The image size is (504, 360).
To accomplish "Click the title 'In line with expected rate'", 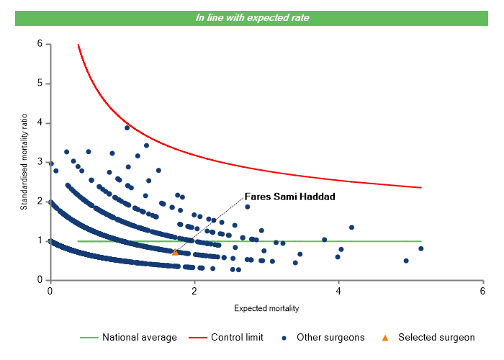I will point(252,18).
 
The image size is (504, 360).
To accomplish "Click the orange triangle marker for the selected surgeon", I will point(175,252).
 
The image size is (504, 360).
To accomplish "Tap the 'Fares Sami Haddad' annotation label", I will point(291,196).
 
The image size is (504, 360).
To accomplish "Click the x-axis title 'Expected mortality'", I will point(266,309).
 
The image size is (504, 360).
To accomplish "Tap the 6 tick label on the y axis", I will point(40,44).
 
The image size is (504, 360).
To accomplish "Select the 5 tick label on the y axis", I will point(40,84).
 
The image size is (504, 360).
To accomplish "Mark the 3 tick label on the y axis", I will point(40,162).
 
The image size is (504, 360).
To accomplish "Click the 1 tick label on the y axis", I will point(40,240).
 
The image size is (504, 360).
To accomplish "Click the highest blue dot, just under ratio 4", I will point(127,127).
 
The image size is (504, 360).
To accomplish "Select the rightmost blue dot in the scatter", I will point(420,248).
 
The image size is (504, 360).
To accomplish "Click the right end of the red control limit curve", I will point(420,187).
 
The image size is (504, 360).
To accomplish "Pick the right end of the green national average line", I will point(420,241).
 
